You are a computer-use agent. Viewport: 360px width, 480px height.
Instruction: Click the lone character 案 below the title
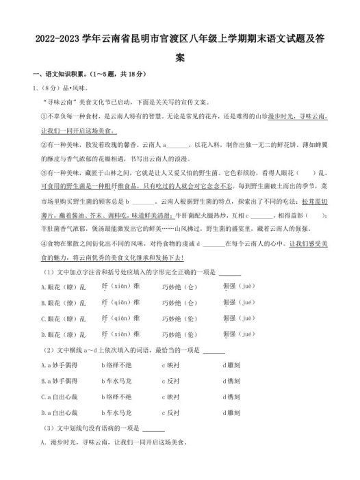(180, 59)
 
